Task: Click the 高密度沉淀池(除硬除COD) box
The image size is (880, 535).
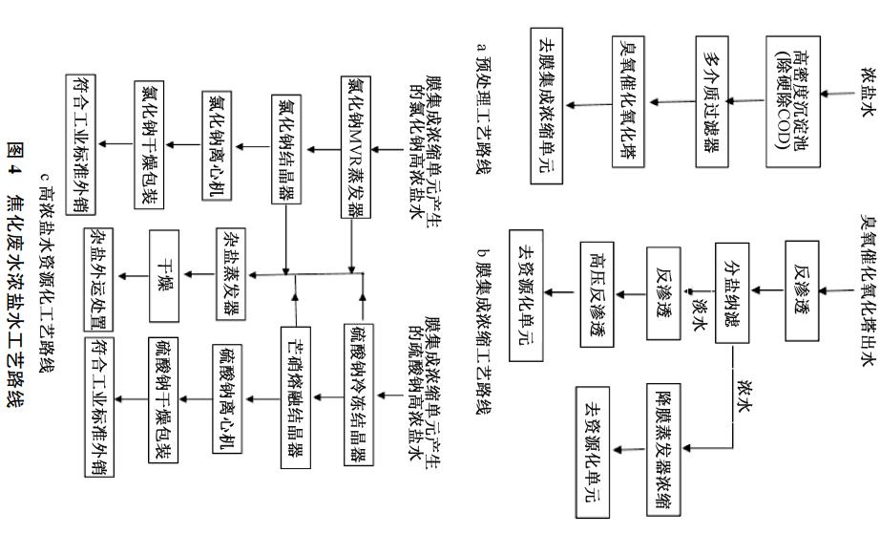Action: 793,101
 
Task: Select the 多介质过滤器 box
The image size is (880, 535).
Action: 712,101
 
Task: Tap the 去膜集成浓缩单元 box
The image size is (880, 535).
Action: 547,106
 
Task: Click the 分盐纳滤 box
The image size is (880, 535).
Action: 732,292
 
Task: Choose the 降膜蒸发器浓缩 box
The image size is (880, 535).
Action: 663,449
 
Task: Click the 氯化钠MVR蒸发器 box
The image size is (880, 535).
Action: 356,147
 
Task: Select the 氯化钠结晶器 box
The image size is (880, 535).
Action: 286,149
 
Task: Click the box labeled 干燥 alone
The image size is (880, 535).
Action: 164,275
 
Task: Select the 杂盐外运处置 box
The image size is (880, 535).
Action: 98,279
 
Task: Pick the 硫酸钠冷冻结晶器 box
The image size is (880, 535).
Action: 359,395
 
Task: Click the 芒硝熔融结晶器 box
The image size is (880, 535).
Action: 296,397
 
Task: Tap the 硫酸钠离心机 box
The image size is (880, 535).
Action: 227,398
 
